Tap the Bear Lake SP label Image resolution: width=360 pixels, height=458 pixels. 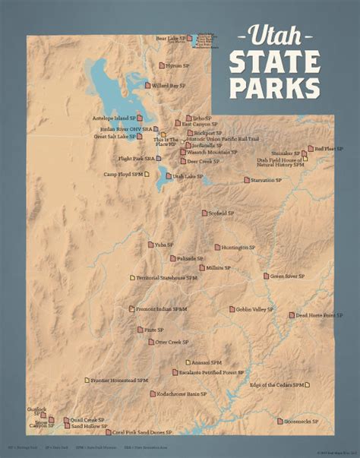pyautogui.click(x=171, y=37)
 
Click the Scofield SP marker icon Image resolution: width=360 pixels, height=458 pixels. pyautogui.click(x=204, y=213)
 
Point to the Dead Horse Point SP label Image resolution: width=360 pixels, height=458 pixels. pyautogui.click(x=316, y=314)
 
